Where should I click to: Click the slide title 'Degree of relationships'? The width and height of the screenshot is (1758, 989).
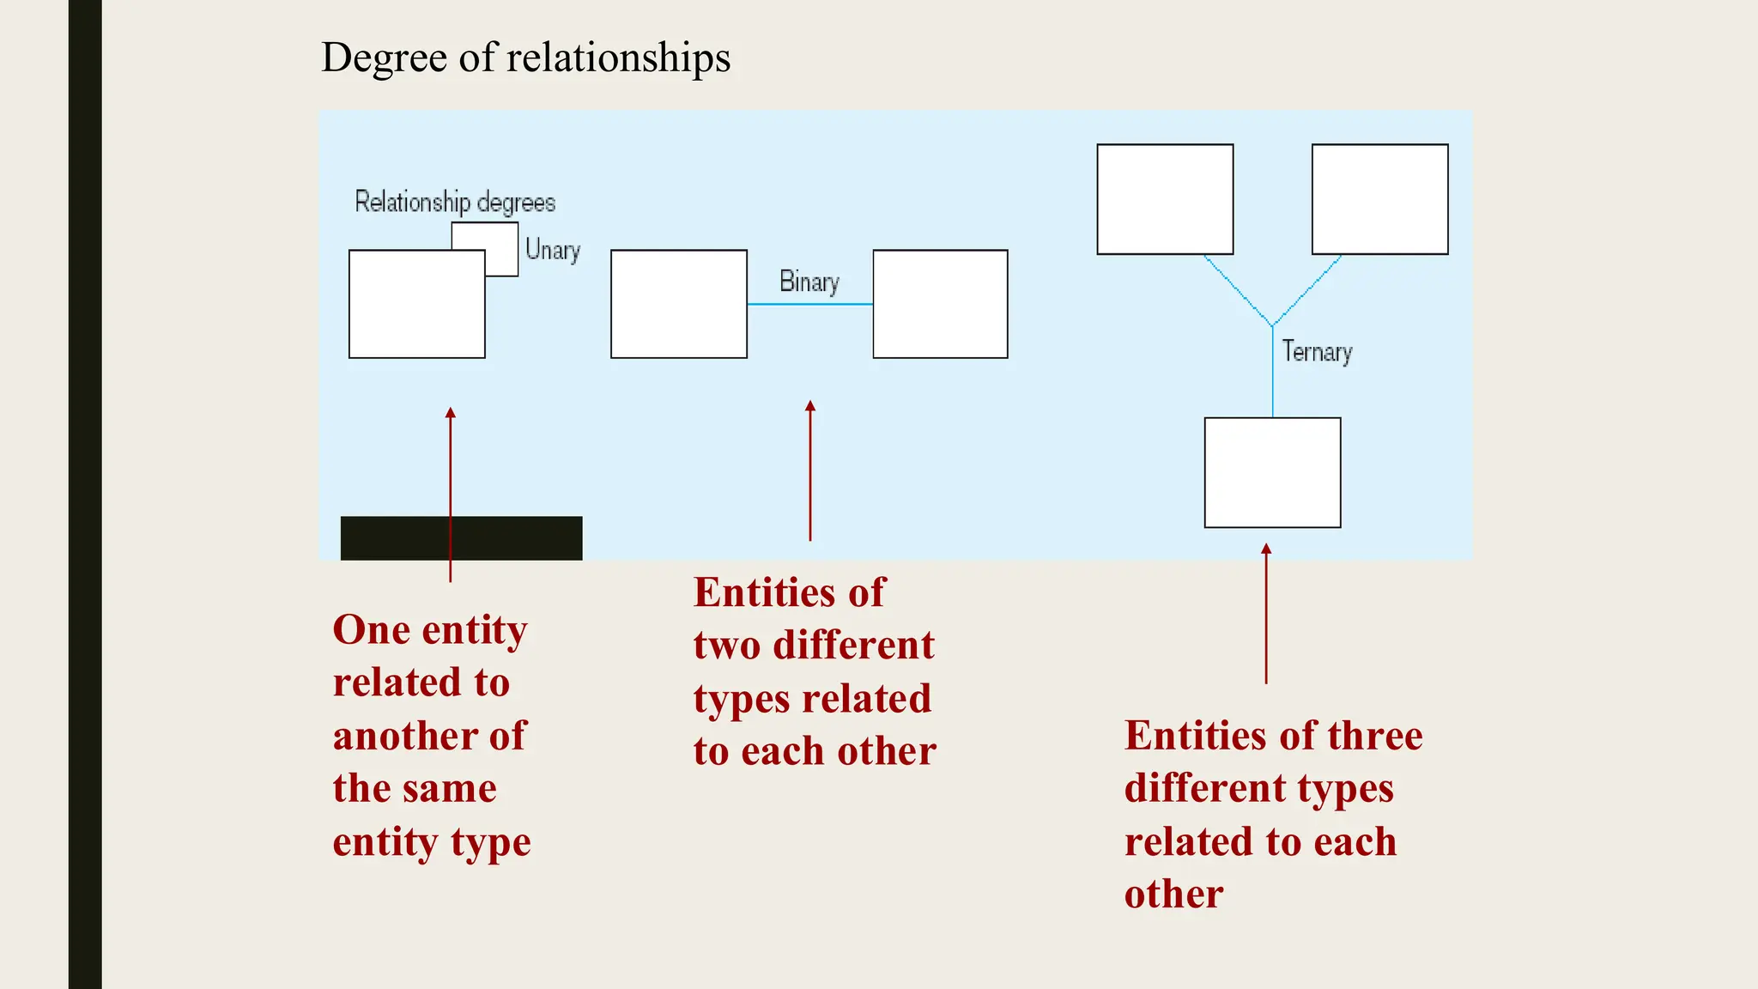pos(525,58)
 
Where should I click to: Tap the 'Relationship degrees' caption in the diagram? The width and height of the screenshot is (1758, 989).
pos(455,203)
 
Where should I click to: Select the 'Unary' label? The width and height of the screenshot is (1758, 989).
pos(553,250)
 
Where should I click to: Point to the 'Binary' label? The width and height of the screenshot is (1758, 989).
pos(809,282)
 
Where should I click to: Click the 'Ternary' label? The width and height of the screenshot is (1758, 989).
pos(1317,352)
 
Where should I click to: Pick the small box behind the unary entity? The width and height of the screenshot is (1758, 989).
pos(501,237)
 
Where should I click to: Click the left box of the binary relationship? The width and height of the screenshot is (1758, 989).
pos(678,304)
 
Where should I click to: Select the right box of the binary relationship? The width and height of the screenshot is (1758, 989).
pos(940,304)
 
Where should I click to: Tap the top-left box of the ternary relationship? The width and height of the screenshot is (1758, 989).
pos(1165,199)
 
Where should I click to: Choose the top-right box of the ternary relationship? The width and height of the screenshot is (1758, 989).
pos(1379,199)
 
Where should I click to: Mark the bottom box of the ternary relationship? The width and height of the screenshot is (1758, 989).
pos(1272,472)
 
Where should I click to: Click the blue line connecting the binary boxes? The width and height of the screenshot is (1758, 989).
pos(809,304)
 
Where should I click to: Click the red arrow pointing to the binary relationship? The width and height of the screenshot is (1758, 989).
pos(810,472)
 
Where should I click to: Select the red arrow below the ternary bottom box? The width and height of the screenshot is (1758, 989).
pos(1266,614)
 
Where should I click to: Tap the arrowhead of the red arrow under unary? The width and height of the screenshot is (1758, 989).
pos(451,413)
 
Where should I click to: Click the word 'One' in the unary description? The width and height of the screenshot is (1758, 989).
pos(371,630)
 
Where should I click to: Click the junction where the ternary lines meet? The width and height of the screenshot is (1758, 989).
pos(1272,326)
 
